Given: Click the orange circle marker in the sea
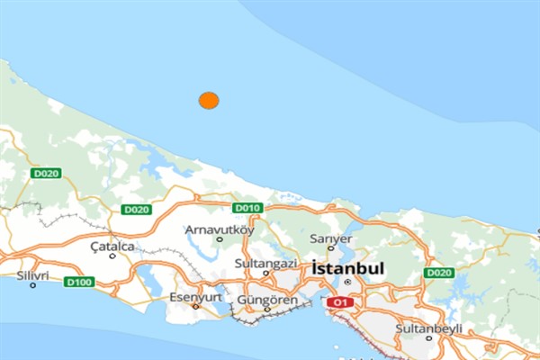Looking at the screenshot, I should coord(209,101).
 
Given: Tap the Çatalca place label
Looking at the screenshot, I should coord(112,245).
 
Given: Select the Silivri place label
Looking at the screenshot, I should coord(32,274).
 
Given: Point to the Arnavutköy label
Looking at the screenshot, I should coord(220,229).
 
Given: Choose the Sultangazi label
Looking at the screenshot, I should coord(265,263).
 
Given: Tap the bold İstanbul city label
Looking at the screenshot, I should coord(348,268).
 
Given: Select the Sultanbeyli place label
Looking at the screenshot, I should coord(428,328).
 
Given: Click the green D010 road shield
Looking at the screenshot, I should coord(247,208).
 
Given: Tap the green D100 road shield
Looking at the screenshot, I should coord(78,282).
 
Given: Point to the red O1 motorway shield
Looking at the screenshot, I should coord(338,302).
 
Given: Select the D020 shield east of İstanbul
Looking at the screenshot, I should coord(439,273).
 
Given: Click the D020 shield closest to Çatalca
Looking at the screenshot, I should coord(136,210).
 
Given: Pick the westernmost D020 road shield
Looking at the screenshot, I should coord(45,173).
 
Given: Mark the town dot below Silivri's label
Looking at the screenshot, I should coord(33,285).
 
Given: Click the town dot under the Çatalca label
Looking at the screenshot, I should coord(112,256).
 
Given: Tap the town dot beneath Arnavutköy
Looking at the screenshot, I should coord(220,239).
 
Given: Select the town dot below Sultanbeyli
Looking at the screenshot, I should coord(429,338).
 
